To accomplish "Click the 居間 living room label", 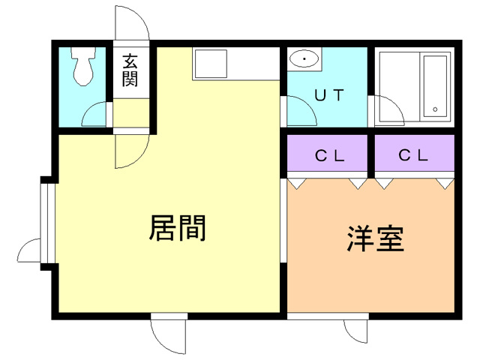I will [x=178, y=227].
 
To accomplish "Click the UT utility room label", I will [x=328, y=96].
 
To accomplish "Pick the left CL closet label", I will [x=328, y=156].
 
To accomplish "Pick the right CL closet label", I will [x=413, y=156].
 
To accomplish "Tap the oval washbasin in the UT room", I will [x=304, y=58].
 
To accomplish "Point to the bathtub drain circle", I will [x=435, y=111].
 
